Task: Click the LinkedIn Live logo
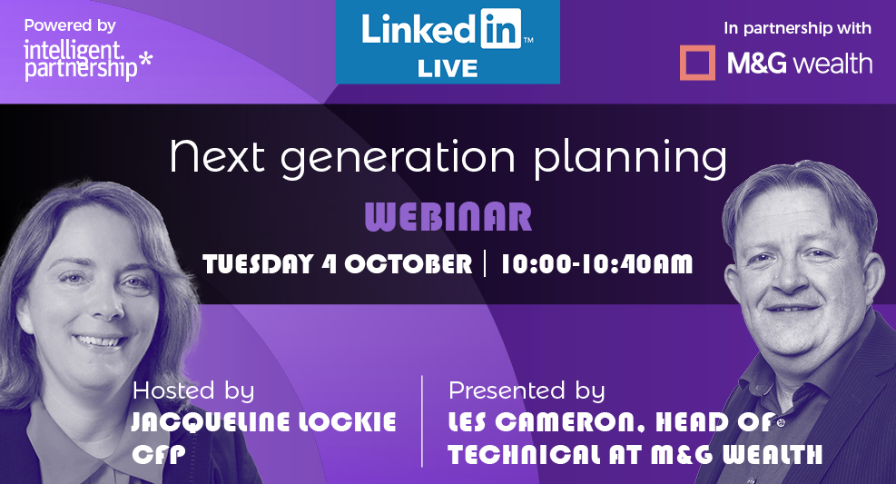click(448, 42)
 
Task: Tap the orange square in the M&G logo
click(697, 63)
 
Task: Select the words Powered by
click(70, 25)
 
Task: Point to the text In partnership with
click(797, 28)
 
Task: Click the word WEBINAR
click(448, 217)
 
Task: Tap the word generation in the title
click(398, 158)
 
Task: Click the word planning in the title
click(630, 157)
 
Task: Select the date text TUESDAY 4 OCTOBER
click(337, 264)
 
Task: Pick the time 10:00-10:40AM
click(596, 264)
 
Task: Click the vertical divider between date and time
click(485, 263)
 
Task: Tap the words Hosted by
click(193, 390)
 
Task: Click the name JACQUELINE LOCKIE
click(263, 422)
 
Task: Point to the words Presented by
click(527, 390)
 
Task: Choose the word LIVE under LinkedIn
click(448, 69)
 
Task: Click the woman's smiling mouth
click(100, 341)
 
